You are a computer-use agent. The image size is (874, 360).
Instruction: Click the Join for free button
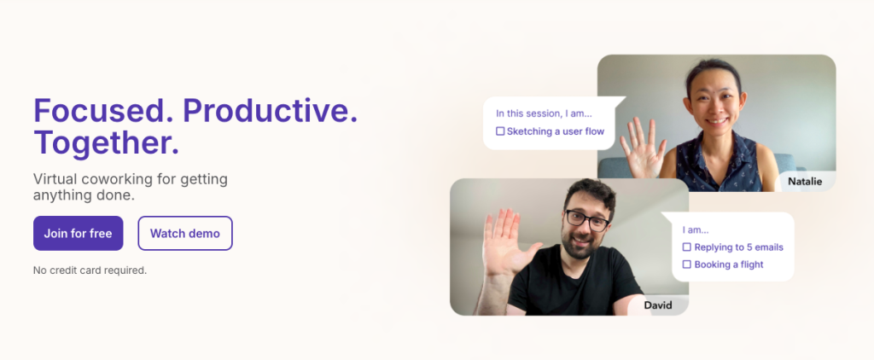(78, 233)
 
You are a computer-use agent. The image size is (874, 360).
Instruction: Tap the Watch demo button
(184, 233)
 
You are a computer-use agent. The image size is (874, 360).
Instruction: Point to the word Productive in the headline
(270, 112)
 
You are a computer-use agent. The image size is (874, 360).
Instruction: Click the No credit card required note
(90, 270)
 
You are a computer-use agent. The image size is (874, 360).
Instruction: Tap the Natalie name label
(806, 181)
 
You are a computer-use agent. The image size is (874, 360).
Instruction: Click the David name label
(657, 305)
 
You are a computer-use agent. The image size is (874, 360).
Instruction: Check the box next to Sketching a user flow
(500, 131)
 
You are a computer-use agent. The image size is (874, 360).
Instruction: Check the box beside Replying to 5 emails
(686, 247)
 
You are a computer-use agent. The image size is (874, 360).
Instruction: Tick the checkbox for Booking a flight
(686, 264)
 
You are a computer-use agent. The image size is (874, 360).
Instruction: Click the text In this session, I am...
(544, 113)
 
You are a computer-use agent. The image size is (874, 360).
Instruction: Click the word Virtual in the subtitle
(61, 179)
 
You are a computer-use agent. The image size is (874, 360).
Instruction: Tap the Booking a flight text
(729, 264)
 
